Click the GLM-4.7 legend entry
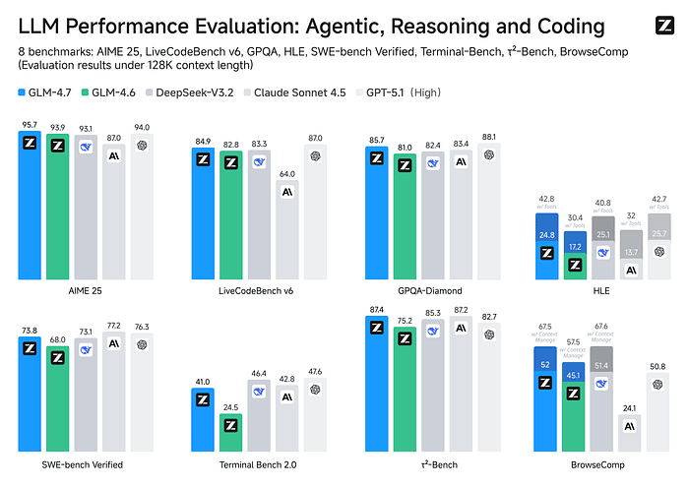click(46, 92)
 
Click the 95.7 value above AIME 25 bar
click(30, 125)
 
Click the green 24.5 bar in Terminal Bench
click(230, 425)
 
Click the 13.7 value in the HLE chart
click(631, 253)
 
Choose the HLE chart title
click(601, 291)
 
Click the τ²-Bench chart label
click(431, 463)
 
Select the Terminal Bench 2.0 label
click(259, 463)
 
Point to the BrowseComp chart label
click(601, 463)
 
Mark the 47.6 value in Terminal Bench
click(316, 372)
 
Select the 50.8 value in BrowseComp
click(659, 366)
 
